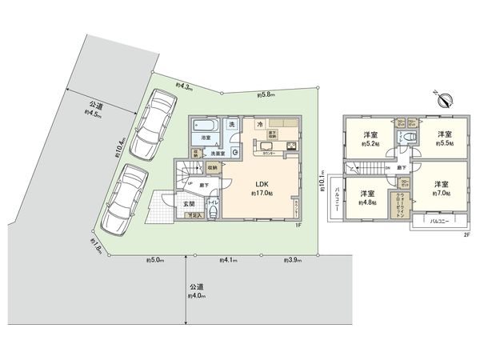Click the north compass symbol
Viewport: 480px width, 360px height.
446,99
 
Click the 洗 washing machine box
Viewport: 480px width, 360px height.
231,125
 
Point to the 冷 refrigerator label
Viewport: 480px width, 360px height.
261,125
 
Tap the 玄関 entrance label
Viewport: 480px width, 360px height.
190,205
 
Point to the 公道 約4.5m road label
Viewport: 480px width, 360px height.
95,110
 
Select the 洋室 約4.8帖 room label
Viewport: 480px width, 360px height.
368,198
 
